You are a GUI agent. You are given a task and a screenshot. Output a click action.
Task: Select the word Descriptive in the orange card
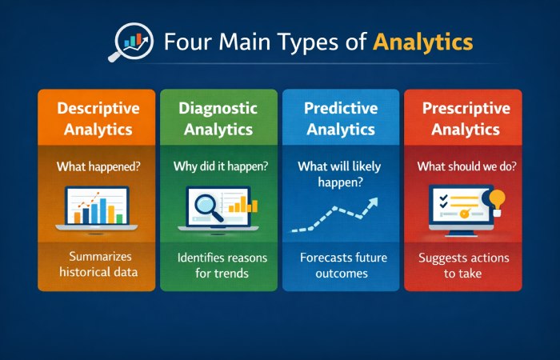(98, 108)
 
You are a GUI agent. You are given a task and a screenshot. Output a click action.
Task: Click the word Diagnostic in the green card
(218, 108)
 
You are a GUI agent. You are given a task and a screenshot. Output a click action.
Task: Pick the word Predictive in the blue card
(340, 108)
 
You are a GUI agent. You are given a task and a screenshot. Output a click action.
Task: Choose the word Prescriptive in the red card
(462, 108)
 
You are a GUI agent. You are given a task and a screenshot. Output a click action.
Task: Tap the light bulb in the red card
(498, 199)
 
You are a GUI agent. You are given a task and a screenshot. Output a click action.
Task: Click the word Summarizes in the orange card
(98, 256)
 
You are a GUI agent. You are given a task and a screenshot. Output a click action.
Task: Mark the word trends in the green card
(230, 274)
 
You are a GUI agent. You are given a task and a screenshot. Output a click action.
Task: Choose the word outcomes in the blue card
(340, 274)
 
